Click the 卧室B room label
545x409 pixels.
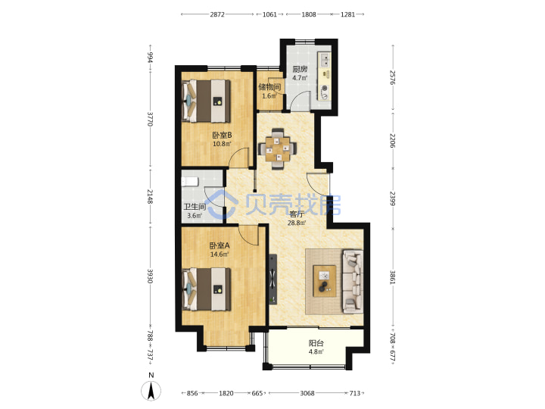[222, 135]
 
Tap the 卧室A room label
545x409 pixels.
[220, 245]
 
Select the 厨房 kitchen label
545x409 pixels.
[300, 69]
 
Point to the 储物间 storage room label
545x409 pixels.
[269, 87]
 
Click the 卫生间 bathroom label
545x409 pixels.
[195, 207]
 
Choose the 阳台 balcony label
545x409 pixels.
[316, 343]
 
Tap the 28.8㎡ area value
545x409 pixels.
[297, 223]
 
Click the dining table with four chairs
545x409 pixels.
[277, 149]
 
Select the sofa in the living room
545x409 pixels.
[353, 281]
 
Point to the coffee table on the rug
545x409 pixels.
[325, 281]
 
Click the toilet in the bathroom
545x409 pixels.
[190, 182]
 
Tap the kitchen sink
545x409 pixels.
[325, 60]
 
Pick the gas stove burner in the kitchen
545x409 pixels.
[325, 92]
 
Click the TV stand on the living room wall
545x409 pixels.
[272, 279]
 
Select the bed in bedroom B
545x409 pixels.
[207, 101]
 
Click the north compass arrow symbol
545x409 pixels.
[151, 391]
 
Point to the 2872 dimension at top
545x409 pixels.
[217, 14]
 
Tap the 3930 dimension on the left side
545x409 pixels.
[150, 276]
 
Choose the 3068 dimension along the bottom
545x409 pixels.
[307, 393]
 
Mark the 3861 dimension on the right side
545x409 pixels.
[393, 277]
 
